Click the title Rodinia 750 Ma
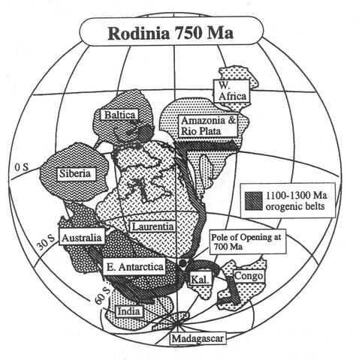coord(171,33)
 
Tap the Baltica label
coord(119,115)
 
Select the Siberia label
coord(75,173)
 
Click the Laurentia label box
coord(152,226)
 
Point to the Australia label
coord(82,237)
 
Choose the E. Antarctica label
coord(134,266)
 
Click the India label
coord(128,311)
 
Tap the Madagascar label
coord(198,339)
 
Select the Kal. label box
coord(200,279)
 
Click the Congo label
coord(249,276)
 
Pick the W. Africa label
coord(232,91)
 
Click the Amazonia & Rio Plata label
coord(208,126)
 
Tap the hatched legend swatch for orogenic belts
coord(254,201)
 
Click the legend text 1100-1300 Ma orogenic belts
coord(296,201)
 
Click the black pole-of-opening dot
coord(183,262)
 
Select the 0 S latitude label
coord(21,167)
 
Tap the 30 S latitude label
coord(46,242)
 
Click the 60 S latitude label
coord(103,295)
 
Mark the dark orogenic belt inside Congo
coord(233,290)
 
